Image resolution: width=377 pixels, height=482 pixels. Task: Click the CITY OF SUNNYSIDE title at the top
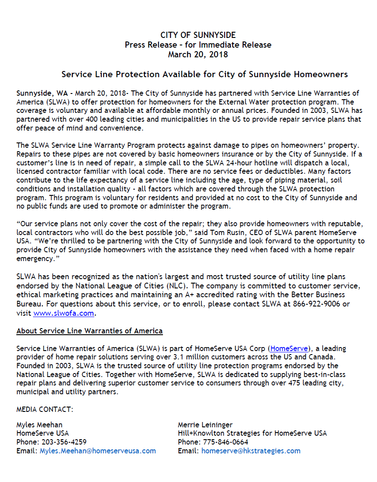pos(198,35)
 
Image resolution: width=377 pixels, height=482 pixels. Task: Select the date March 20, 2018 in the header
pos(198,55)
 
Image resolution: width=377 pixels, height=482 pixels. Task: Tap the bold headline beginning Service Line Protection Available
pos(204,74)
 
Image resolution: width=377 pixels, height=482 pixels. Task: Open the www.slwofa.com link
pos(63,314)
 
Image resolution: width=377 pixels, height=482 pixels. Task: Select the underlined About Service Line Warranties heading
pos(89,331)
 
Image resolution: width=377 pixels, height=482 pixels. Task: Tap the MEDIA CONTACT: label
pos(45,409)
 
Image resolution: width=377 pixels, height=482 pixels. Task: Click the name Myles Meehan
pos(39,425)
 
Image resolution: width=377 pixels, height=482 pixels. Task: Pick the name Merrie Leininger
pos(205,425)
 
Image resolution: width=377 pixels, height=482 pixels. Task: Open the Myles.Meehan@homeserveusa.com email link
pos(98,451)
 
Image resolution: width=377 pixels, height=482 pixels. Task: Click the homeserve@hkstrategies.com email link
pos(251,451)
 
